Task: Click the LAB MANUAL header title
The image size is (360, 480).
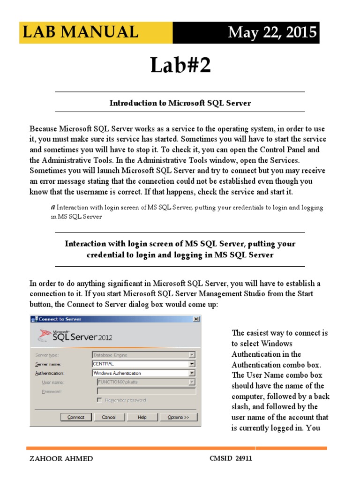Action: (x=80, y=32)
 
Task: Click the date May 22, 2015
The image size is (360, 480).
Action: (x=271, y=33)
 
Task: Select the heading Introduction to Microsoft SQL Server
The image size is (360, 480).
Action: (x=180, y=103)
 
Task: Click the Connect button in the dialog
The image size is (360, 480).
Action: (x=75, y=417)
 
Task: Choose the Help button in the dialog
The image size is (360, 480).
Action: (x=142, y=417)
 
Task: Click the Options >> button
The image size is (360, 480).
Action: (x=178, y=417)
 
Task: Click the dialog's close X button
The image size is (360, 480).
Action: (x=196, y=319)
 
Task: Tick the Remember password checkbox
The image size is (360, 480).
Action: (x=99, y=400)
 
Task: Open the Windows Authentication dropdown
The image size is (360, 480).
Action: (x=192, y=373)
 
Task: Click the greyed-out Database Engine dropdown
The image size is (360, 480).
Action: (x=143, y=355)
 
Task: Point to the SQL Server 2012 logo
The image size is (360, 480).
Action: (x=75, y=336)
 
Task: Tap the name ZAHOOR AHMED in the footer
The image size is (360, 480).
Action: (x=61, y=459)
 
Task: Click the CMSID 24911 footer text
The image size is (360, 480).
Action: (x=231, y=458)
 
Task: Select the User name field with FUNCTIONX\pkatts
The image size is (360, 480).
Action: (x=143, y=382)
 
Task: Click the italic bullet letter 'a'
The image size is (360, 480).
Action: (x=52, y=207)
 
